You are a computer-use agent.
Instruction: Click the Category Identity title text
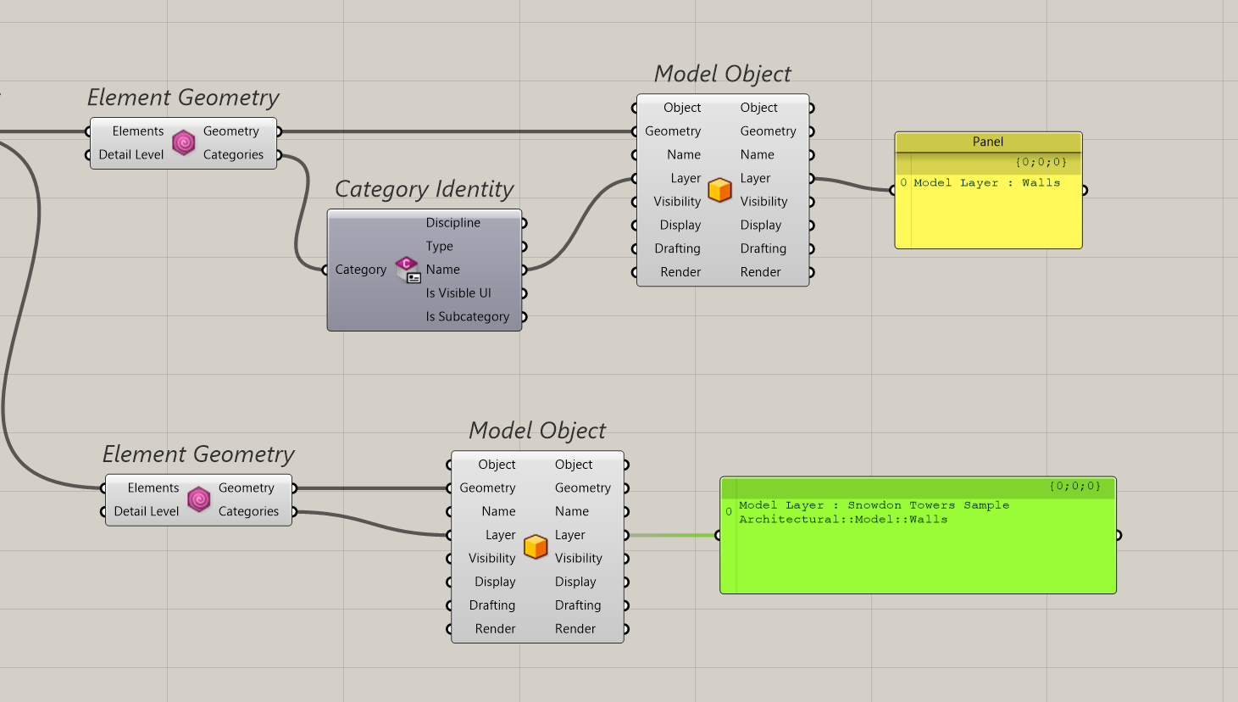[x=424, y=189]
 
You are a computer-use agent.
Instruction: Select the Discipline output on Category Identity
[x=452, y=223]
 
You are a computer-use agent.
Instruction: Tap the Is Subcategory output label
[x=467, y=317]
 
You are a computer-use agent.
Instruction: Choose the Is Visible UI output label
[x=458, y=293]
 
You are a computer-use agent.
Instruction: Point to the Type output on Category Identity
[x=439, y=247]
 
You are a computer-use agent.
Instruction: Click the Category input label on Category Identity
[x=360, y=270]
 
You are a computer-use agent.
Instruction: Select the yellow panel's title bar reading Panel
[x=988, y=142]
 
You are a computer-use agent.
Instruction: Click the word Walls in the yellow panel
[x=1041, y=183]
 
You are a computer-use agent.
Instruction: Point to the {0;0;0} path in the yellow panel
[x=1041, y=162]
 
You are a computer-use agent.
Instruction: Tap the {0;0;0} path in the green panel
[x=1074, y=487]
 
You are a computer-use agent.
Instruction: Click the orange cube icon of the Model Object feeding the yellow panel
[x=719, y=190]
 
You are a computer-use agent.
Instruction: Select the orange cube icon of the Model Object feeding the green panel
[x=536, y=547]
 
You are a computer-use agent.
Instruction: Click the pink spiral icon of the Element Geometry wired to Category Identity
[x=184, y=142]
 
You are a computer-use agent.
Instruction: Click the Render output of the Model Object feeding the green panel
[x=575, y=629]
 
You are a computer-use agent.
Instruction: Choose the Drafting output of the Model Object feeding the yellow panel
[x=763, y=249]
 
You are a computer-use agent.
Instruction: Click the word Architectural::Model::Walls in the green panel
[x=842, y=520]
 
